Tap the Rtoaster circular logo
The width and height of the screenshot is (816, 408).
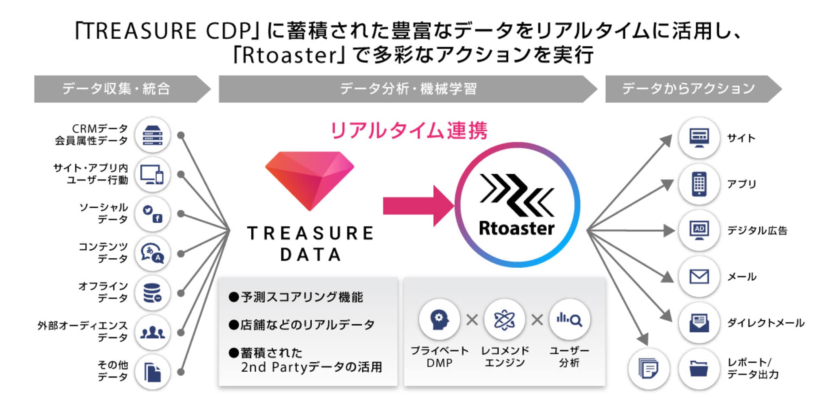pos(517,205)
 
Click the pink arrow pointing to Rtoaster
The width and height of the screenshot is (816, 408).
pos(419,206)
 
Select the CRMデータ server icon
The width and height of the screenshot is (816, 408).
pos(153,135)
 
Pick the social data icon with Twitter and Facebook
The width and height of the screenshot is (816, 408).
pos(153,214)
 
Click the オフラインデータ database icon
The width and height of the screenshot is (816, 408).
pos(153,293)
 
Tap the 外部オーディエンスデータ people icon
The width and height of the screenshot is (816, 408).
pos(153,333)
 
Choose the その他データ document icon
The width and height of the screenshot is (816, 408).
pos(153,372)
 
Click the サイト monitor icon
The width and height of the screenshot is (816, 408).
pos(699,138)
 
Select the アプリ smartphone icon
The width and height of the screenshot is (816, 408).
pos(699,184)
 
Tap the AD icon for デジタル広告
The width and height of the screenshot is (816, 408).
pos(699,230)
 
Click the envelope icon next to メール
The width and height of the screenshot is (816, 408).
pos(699,276)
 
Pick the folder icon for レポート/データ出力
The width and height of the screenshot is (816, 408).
pos(699,368)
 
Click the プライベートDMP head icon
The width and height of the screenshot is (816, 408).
pos(439,319)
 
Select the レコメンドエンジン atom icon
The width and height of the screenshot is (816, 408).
pos(504,319)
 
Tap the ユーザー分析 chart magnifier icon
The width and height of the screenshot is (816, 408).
pos(570,319)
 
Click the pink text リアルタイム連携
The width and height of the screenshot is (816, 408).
pos(409,131)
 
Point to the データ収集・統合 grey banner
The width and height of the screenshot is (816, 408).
pos(122,89)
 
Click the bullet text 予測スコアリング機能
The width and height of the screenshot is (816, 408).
pos(296,297)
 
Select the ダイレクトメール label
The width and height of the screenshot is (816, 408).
pos(766,323)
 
